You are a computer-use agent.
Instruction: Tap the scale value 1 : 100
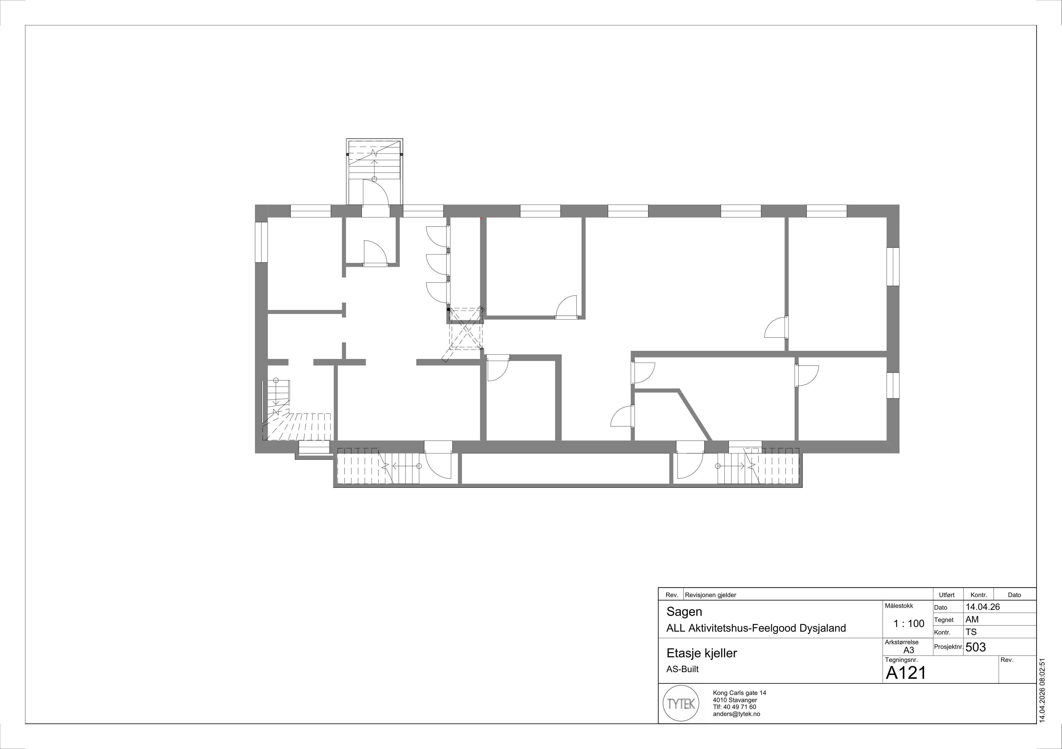pyautogui.click(x=909, y=624)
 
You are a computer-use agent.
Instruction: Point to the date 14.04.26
pyautogui.click(x=983, y=607)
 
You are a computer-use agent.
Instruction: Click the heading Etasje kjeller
pyautogui.click(x=702, y=653)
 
